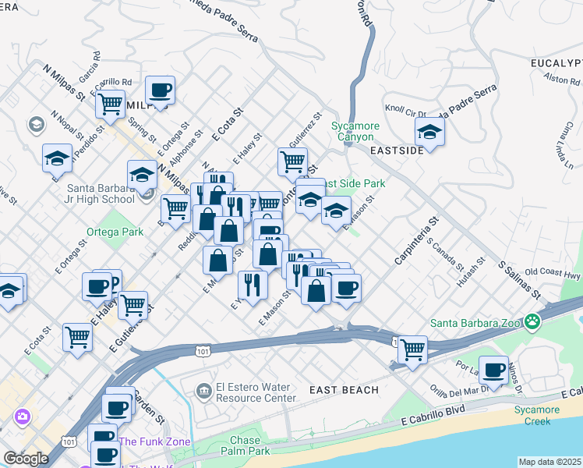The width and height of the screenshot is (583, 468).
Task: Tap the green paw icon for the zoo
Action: pos(532,321)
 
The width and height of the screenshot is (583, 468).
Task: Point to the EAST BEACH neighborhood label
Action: pos(344,389)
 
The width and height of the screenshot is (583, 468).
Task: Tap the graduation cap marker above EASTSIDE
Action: pos(429,132)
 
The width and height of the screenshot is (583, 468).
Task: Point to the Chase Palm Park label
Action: pos(245,445)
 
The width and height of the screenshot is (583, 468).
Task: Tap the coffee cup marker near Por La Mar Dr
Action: pos(493,368)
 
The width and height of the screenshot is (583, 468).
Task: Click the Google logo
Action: pos(26,459)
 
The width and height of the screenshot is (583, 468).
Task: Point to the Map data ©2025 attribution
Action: pos(549,462)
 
